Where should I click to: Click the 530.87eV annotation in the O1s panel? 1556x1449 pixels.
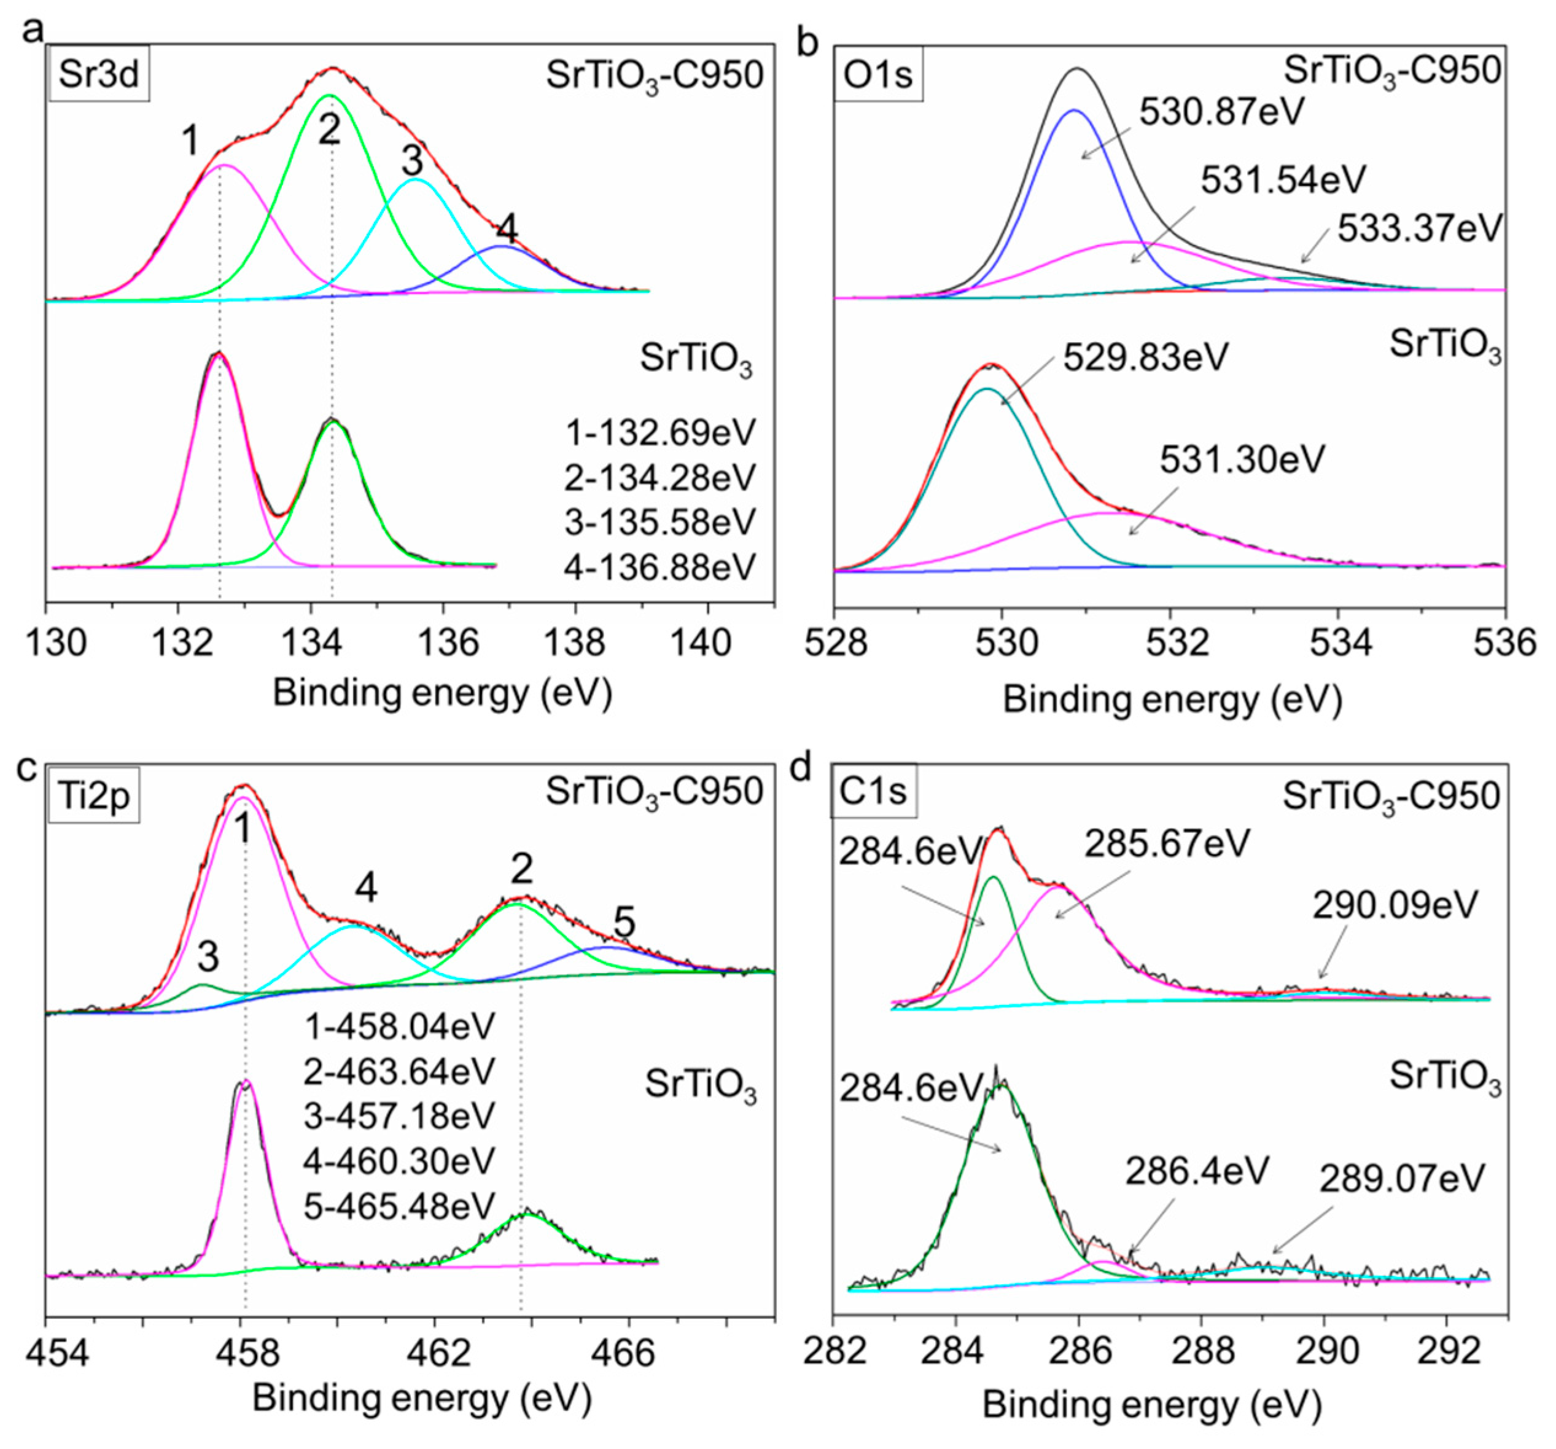(1222, 112)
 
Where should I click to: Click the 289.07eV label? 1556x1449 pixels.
(1402, 1178)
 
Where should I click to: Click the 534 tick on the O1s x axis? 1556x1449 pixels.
(1339, 644)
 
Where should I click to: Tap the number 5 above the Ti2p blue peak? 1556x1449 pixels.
(624, 925)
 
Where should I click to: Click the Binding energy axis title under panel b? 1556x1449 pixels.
(1172, 699)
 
